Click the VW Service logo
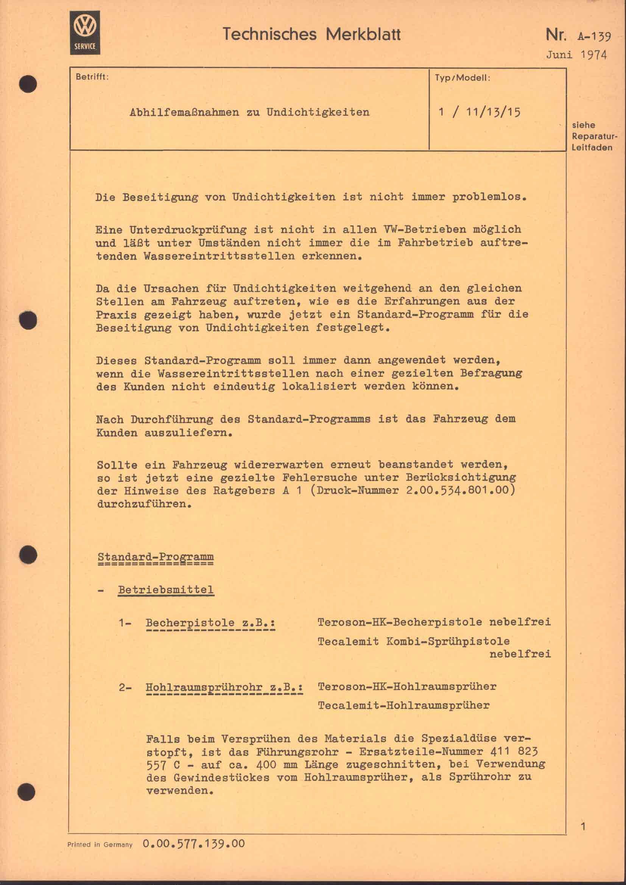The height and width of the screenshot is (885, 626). (x=85, y=33)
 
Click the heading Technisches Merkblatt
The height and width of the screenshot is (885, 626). (x=311, y=35)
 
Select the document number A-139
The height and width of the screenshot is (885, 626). (x=594, y=36)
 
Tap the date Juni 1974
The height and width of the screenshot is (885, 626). (x=576, y=55)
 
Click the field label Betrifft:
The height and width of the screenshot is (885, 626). (x=92, y=77)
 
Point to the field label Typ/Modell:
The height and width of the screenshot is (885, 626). (x=462, y=78)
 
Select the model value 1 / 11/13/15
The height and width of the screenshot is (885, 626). (x=480, y=112)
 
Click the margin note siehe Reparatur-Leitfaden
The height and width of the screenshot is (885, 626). (x=592, y=136)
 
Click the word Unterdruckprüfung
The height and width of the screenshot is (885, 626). (x=188, y=230)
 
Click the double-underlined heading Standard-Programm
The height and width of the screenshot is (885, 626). (x=155, y=557)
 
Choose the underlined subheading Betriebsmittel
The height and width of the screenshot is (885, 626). (x=166, y=589)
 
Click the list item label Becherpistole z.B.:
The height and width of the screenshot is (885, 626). (x=210, y=622)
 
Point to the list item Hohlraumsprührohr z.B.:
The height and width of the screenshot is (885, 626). (x=224, y=687)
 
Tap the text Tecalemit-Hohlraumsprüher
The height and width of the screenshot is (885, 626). (x=403, y=705)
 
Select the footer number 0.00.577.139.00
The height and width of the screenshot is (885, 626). (x=193, y=843)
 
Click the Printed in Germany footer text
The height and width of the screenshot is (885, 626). (x=100, y=845)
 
